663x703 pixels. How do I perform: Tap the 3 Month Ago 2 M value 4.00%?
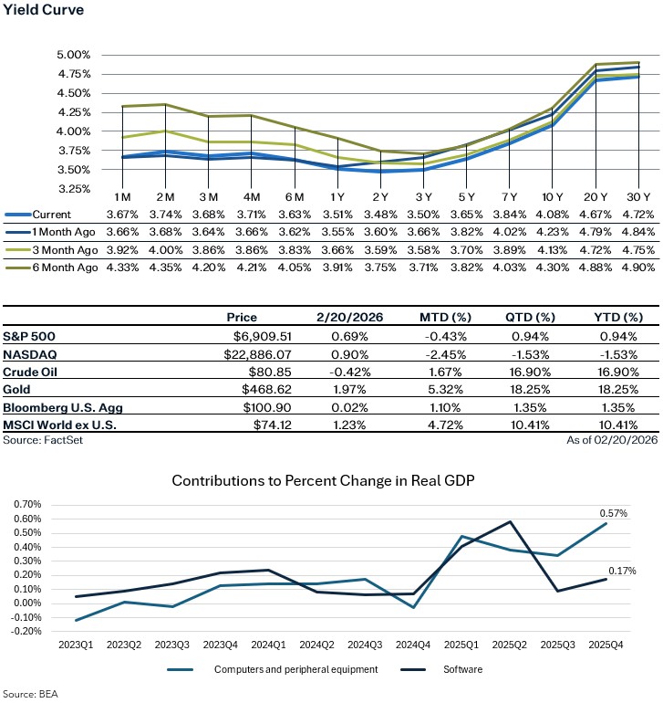[165, 249]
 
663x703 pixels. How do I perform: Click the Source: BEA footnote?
[28, 694]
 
